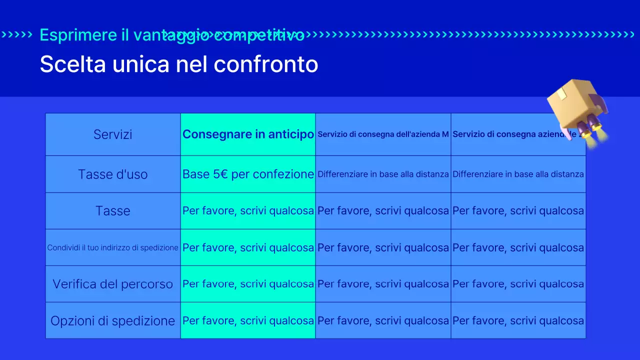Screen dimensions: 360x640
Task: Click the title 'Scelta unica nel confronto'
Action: pos(178,64)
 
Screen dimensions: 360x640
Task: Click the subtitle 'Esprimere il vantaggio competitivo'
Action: pos(171,35)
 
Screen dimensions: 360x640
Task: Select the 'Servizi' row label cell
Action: pos(113,134)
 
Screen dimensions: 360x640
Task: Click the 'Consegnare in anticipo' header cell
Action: pos(248,134)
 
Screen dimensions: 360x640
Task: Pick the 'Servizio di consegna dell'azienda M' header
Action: pos(383,134)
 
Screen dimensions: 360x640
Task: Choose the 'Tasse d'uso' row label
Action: pos(113,174)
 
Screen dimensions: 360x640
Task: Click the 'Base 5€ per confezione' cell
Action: pos(248,174)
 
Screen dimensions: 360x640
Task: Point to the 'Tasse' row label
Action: pos(113,211)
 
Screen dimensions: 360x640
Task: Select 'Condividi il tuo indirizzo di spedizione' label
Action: pos(113,247)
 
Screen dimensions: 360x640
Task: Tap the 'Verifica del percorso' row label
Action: pos(113,284)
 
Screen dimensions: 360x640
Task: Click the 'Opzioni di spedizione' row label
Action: pos(113,320)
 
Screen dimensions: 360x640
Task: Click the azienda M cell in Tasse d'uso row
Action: pos(383,174)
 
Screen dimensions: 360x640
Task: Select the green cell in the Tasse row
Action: pos(248,211)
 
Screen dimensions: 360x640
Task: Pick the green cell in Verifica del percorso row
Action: pos(248,284)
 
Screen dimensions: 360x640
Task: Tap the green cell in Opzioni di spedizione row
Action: pos(248,320)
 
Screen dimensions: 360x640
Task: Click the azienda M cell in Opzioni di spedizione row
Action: pos(383,320)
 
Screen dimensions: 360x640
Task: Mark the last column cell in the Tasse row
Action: pos(518,211)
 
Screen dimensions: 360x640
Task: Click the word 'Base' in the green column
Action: pos(195,174)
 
